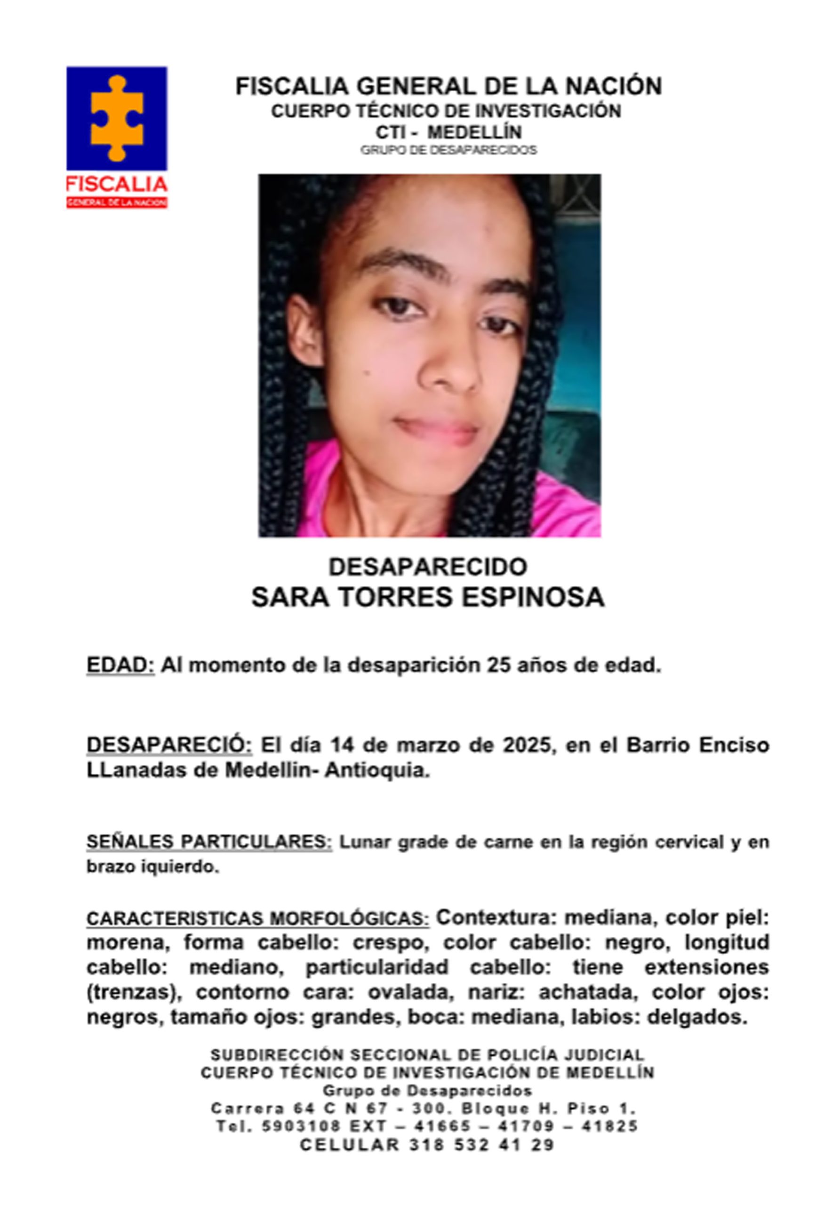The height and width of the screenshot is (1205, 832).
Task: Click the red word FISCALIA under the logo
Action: (116, 184)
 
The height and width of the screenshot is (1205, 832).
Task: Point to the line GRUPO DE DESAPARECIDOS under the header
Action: (448, 150)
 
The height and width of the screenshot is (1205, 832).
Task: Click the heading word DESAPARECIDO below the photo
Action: (427, 567)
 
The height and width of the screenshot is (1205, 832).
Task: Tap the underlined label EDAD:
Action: (120, 665)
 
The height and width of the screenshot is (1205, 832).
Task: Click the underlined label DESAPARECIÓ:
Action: (169, 745)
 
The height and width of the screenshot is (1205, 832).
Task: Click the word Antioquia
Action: (377, 771)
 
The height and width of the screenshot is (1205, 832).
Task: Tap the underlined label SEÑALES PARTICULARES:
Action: (208, 842)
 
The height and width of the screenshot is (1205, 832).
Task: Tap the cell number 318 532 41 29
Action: (482, 1145)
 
